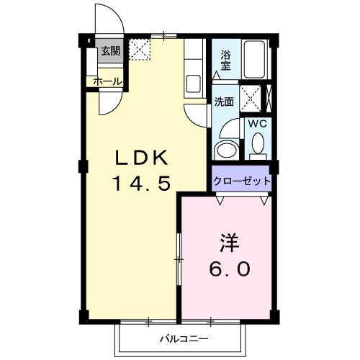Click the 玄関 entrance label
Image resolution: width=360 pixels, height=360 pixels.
point(110,50)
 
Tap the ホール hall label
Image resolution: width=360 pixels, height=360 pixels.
point(107,81)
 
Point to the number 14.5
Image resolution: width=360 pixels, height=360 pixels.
point(140,184)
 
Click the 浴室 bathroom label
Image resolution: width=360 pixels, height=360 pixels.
point(225,60)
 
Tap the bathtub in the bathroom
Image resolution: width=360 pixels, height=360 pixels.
point(255,61)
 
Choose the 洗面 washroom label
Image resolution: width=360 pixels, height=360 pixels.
point(224,102)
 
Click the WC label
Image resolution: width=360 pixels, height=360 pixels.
point(257,123)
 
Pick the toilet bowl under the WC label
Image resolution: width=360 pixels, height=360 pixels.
point(257,146)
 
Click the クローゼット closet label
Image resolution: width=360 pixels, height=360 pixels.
point(242,181)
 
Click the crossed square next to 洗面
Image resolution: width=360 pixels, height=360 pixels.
point(250,96)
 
